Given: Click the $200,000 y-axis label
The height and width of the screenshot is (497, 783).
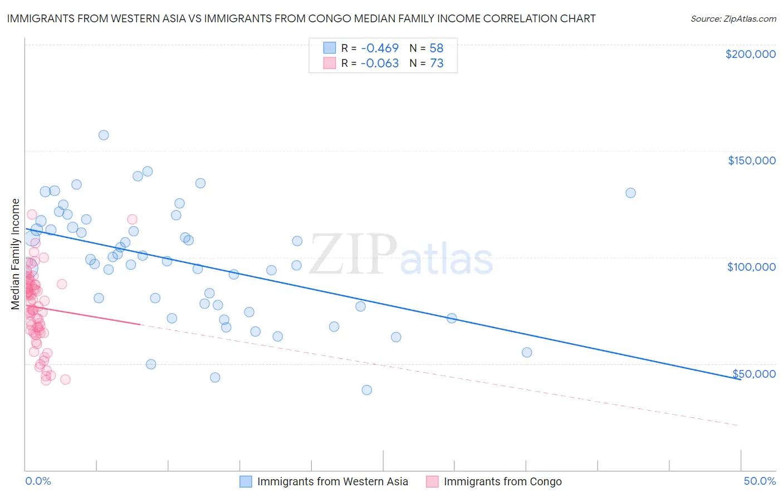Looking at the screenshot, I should (750, 54).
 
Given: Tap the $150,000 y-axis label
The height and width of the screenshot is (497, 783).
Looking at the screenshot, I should (751, 160).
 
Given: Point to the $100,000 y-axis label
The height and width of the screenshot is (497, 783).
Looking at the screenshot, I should (751, 267).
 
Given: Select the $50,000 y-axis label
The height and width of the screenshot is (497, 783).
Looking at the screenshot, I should (753, 373).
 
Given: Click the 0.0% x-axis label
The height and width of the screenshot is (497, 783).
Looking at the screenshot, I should (38, 481).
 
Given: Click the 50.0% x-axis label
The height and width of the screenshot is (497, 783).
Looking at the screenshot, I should (760, 481).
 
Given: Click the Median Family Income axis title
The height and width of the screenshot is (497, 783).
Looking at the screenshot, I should (16, 254).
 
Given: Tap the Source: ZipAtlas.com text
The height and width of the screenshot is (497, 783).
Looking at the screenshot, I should (733, 18).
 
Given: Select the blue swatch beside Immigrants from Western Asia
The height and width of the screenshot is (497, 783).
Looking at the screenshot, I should (246, 481).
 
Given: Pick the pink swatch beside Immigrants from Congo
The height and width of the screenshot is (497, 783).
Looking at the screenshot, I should (433, 481).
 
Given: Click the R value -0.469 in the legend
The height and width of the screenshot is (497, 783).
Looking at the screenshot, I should (379, 48).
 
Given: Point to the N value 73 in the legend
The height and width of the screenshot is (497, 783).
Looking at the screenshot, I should (437, 64).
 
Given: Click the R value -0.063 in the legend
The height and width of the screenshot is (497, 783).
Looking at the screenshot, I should (379, 64).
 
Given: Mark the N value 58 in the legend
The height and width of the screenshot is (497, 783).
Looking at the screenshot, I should (437, 48).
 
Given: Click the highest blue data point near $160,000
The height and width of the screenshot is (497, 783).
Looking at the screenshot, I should (104, 135).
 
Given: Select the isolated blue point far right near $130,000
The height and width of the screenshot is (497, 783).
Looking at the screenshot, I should (630, 193).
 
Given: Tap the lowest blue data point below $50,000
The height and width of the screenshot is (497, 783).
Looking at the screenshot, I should (366, 390).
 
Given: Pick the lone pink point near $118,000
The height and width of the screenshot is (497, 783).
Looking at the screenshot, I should (132, 220).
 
